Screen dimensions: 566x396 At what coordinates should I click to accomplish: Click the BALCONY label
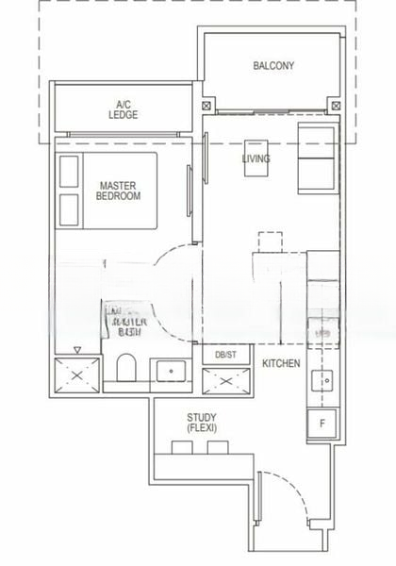273,66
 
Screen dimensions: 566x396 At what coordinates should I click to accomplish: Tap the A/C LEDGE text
123,109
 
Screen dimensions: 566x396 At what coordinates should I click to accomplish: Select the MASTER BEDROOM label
119,191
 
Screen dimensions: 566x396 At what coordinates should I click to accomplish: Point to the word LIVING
256,158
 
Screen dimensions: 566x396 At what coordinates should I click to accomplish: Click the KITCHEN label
281,363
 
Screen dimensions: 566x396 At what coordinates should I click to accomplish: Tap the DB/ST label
225,355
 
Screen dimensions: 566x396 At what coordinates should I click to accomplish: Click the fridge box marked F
322,424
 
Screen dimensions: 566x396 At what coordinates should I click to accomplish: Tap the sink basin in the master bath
171,371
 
